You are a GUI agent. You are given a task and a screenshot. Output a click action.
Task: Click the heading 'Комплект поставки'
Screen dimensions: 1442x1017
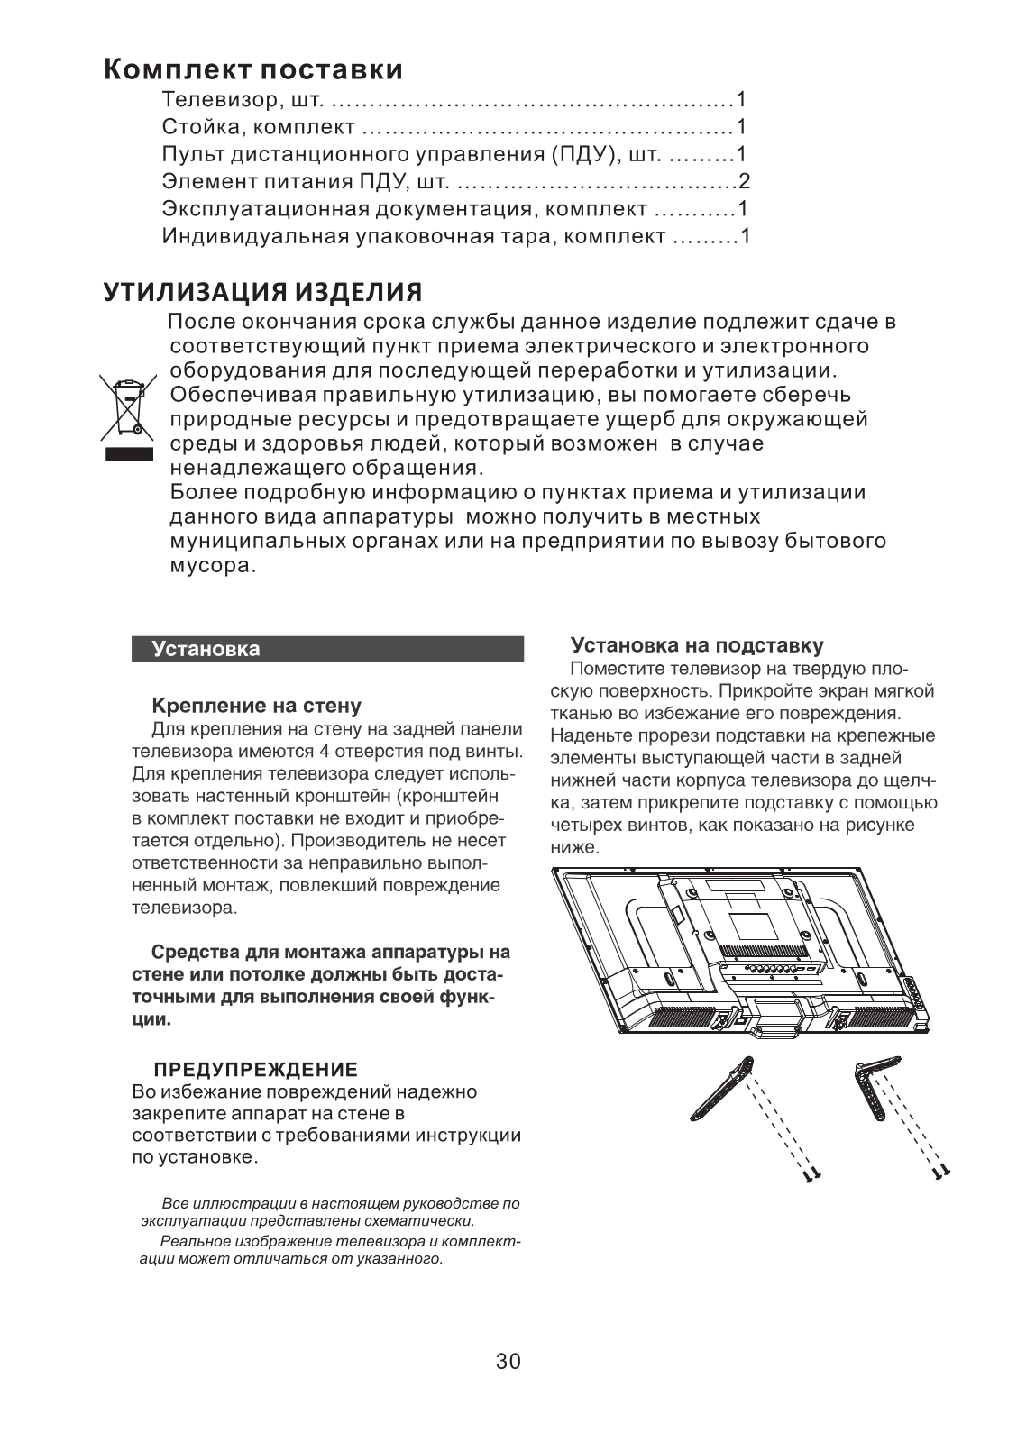tap(253, 69)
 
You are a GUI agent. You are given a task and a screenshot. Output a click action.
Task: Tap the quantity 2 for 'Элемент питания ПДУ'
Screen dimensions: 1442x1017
tap(745, 181)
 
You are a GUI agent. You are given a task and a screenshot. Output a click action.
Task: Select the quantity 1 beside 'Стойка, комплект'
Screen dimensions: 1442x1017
tap(741, 126)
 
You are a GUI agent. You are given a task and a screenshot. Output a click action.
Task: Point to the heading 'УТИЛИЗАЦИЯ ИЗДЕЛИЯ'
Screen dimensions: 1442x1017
tap(262, 293)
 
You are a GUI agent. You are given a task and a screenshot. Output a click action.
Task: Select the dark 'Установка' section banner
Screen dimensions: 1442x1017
tap(327, 649)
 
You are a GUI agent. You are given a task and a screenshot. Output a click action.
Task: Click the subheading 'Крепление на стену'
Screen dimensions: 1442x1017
tap(256, 705)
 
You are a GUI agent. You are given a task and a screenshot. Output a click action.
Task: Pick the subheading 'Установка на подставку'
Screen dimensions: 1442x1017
tap(697, 646)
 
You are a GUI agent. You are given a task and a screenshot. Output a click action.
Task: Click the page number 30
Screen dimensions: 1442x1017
tap(508, 1362)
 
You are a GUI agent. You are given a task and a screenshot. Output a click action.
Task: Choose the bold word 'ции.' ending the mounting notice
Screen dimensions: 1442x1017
tap(151, 1020)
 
